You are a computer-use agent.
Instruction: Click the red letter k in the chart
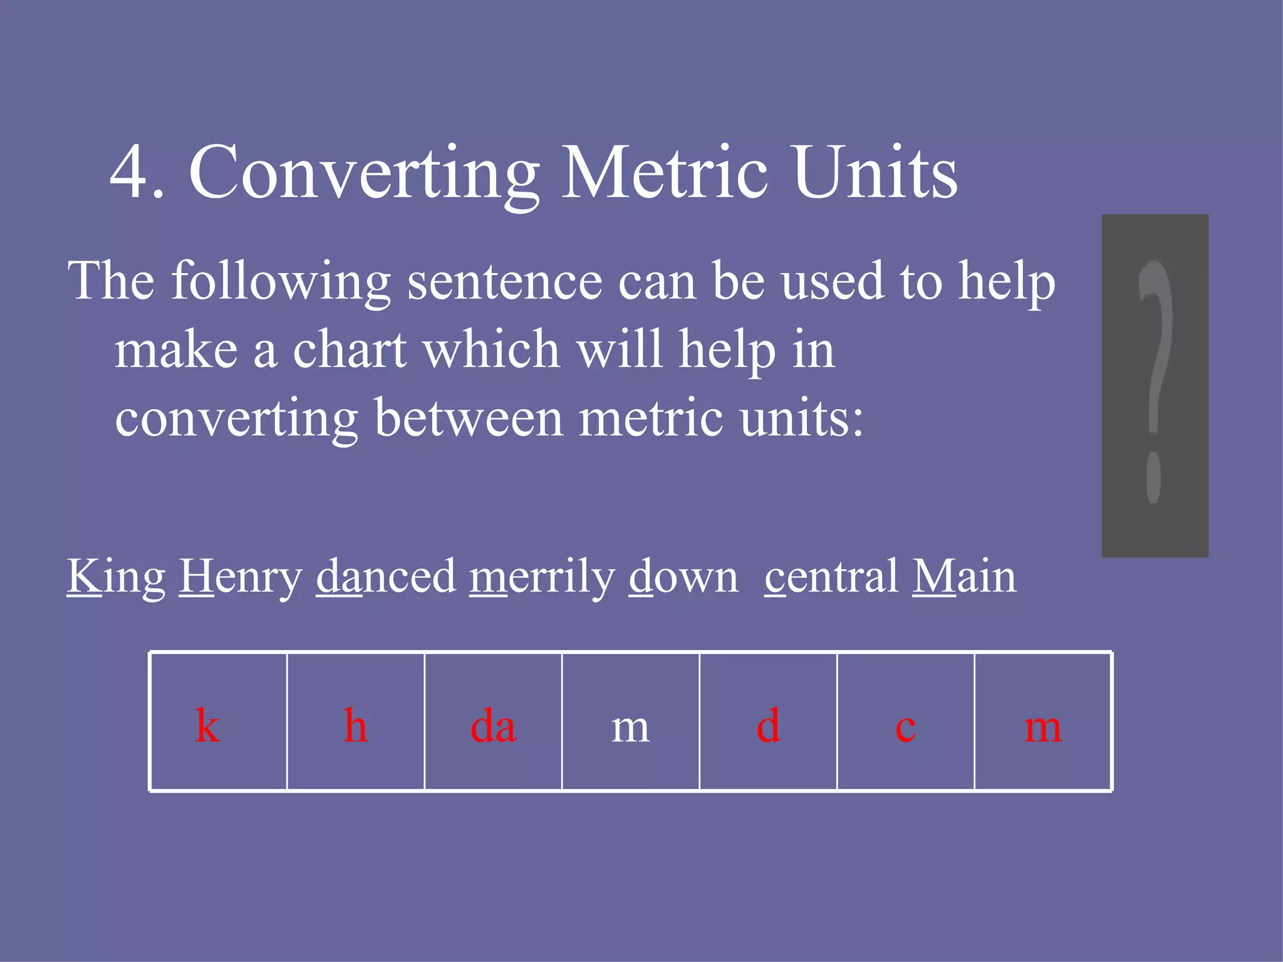(x=207, y=726)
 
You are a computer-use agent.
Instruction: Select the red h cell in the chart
(x=356, y=726)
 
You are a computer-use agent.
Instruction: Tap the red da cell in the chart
(x=493, y=727)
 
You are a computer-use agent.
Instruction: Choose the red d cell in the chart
(x=768, y=726)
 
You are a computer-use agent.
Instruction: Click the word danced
(x=386, y=576)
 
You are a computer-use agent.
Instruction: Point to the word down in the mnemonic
(x=683, y=576)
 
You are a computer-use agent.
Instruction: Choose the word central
(x=832, y=576)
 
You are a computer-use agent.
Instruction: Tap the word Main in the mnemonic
(x=964, y=576)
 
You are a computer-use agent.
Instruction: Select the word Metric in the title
(x=664, y=172)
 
